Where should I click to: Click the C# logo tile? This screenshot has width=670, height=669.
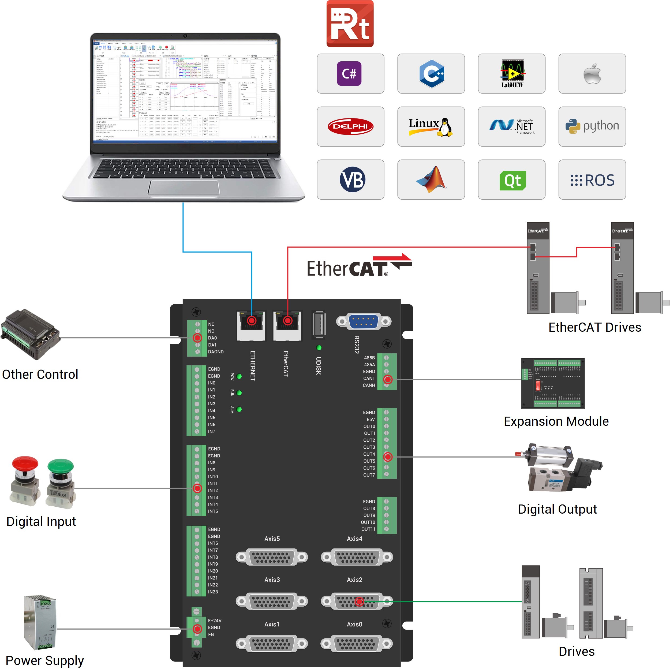[350, 73]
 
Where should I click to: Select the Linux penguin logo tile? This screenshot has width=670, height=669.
[431, 126]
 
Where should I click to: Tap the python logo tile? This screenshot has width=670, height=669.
[592, 126]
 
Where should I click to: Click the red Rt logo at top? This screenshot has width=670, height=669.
[350, 24]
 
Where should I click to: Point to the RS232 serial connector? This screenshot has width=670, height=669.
[364, 322]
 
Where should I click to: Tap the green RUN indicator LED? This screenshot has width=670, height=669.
[239, 393]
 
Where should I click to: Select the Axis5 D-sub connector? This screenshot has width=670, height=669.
[272, 557]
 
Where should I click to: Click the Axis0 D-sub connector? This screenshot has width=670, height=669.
[357, 644]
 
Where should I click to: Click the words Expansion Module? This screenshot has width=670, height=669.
[556, 421]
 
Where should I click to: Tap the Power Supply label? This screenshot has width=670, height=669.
[45, 660]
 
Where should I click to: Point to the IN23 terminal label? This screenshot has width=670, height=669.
[213, 592]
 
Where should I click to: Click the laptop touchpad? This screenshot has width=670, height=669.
[184, 188]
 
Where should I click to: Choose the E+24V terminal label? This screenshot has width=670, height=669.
[215, 621]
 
